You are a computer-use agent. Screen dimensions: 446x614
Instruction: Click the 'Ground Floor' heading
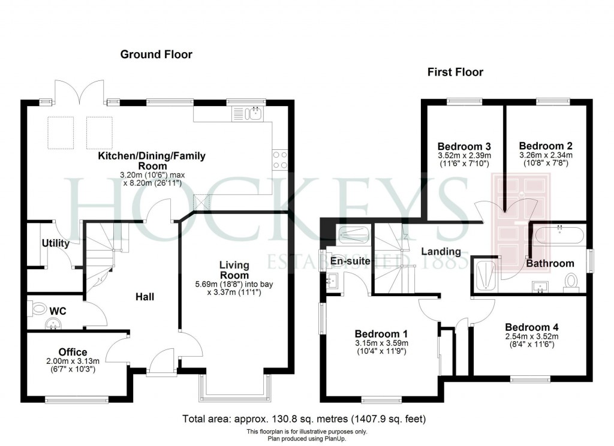pyautogui.click(x=156, y=55)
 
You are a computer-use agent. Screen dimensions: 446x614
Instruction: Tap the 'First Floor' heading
pyautogui.click(x=455, y=73)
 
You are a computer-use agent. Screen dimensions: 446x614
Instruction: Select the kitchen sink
pyautogui.click(x=254, y=113)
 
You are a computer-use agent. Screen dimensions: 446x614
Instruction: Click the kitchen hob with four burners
pyautogui.click(x=280, y=159)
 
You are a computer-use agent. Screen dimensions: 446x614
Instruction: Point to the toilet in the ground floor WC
pyautogui.click(x=39, y=309)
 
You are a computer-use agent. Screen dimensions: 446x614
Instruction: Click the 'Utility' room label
pyautogui.click(x=55, y=243)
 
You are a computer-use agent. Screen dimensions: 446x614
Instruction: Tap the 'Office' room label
pyautogui.click(x=73, y=352)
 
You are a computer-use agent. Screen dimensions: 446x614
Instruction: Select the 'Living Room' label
pyautogui.click(x=234, y=270)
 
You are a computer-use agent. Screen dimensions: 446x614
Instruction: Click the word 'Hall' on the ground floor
pyautogui.click(x=144, y=297)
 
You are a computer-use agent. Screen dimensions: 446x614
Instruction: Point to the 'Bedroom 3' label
pyautogui.click(x=464, y=146)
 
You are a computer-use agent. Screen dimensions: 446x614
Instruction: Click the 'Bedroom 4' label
pyautogui.click(x=531, y=327)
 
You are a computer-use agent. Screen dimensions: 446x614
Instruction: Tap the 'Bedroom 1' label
pyautogui.click(x=381, y=334)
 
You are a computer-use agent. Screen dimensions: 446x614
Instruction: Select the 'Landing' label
pyautogui.click(x=440, y=251)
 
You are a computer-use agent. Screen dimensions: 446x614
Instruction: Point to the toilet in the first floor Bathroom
pyautogui.click(x=571, y=281)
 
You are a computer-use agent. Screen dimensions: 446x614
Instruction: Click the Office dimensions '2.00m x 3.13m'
pyautogui.click(x=73, y=361)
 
